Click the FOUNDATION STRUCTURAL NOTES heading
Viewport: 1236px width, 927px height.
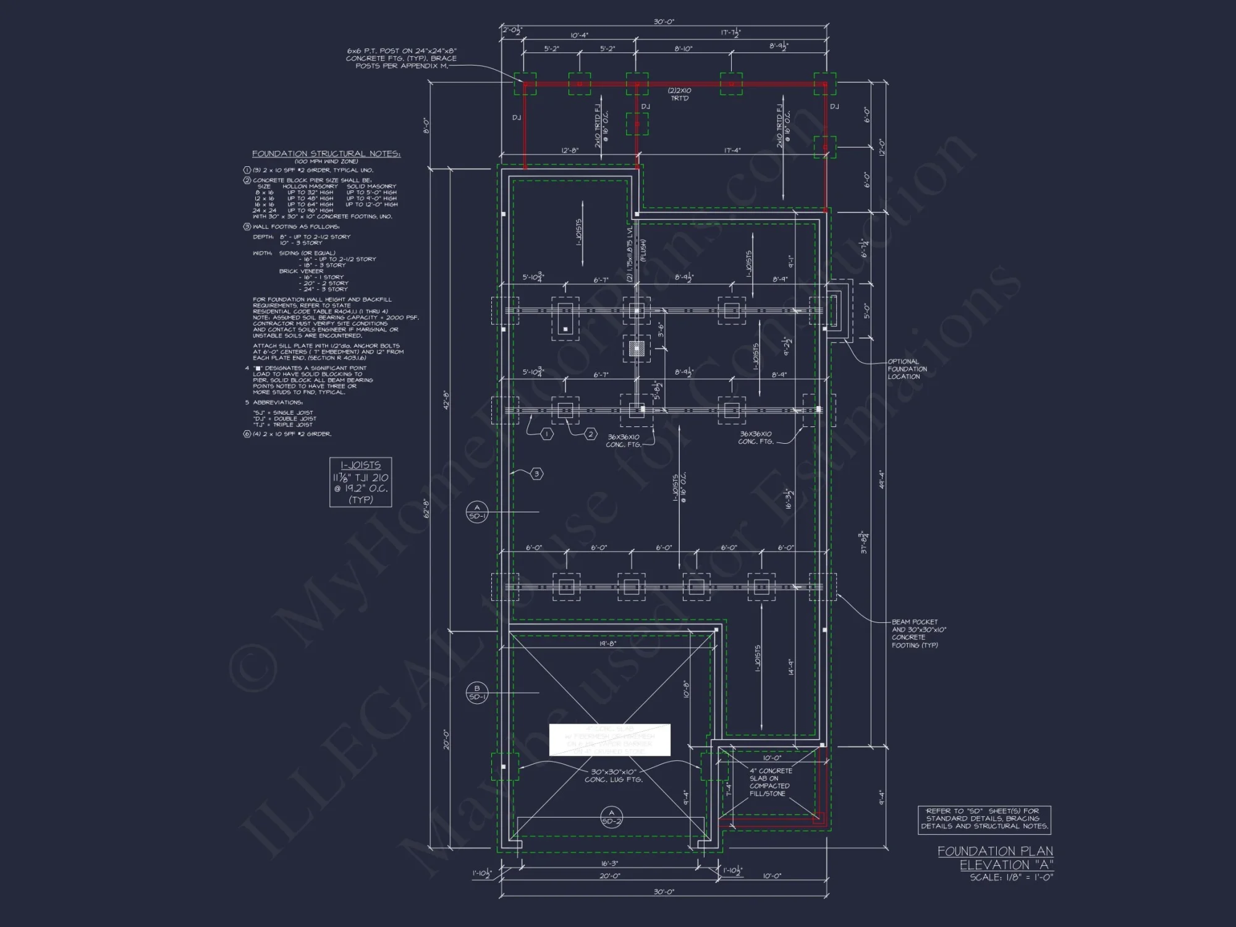pos(326,153)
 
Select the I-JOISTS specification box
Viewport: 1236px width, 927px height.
pos(360,482)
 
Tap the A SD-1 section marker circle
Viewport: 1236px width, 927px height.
pos(476,512)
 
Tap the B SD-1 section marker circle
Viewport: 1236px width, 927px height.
pos(476,693)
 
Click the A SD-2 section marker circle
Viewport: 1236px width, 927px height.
pos(611,817)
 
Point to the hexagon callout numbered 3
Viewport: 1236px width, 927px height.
pos(536,474)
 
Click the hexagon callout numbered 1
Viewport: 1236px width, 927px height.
pos(546,434)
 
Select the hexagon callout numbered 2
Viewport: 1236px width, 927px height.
pos(590,434)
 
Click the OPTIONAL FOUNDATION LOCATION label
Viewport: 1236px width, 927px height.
pos(907,369)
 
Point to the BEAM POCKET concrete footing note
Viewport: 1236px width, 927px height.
pos(918,633)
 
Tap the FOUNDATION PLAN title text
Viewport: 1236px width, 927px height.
pos(994,851)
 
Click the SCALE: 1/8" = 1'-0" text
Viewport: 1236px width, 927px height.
pos(1006,877)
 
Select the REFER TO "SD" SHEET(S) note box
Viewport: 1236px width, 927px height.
pos(984,818)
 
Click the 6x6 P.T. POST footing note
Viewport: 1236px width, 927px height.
pos(401,58)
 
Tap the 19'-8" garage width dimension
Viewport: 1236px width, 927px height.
pos(607,643)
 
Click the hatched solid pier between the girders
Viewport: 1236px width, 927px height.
pos(637,349)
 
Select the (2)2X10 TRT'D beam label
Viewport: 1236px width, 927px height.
pos(679,94)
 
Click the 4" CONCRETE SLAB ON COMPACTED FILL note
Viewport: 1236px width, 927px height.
pos(770,782)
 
